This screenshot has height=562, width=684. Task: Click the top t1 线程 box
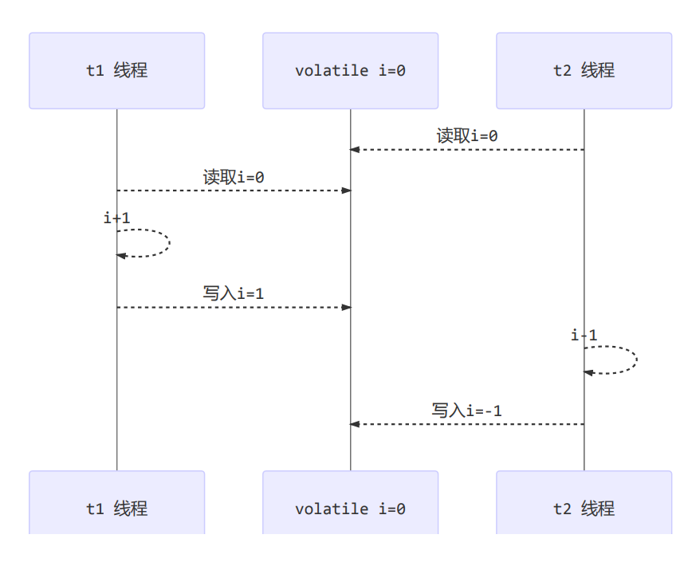click(x=116, y=70)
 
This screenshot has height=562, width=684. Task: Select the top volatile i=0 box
click(x=350, y=70)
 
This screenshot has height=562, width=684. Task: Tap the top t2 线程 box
click(x=584, y=70)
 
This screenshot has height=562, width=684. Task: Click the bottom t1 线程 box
click(x=116, y=507)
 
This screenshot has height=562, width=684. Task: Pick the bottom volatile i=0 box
click(x=350, y=507)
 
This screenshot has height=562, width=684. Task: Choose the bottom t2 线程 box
click(x=584, y=507)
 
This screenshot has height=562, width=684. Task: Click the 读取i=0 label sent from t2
click(x=467, y=136)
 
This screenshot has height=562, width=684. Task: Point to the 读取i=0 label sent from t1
click(x=234, y=177)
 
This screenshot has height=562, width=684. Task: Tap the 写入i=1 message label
click(x=234, y=293)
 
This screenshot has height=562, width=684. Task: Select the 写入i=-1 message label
click(x=467, y=411)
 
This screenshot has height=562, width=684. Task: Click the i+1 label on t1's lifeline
click(x=116, y=218)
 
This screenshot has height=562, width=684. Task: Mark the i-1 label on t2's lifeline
click(x=584, y=335)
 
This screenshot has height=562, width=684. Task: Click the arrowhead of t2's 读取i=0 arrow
click(x=356, y=150)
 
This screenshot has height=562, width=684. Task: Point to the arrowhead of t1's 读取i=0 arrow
click(x=346, y=191)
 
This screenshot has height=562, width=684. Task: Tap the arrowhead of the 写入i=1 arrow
click(x=346, y=307)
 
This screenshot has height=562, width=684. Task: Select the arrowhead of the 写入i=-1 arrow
click(x=356, y=424)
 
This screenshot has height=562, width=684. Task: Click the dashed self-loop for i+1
click(x=168, y=243)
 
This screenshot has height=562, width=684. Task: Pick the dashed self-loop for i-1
click(x=635, y=360)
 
